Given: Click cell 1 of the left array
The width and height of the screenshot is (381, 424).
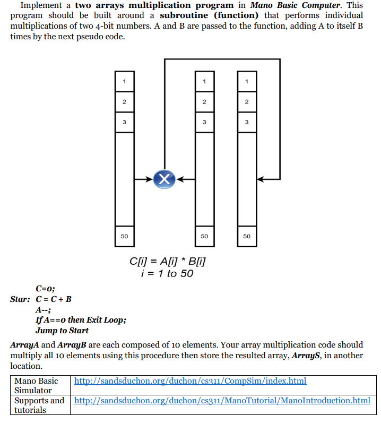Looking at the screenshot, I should (x=124, y=81).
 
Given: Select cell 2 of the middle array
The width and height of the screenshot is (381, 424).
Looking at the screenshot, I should (x=204, y=101).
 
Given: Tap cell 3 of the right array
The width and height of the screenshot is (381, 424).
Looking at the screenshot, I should (x=247, y=122).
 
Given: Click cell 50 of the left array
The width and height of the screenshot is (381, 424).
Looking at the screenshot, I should (x=124, y=236).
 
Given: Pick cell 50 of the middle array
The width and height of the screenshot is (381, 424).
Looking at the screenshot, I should (x=204, y=236).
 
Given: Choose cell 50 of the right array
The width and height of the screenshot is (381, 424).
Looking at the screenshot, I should (x=247, y=236).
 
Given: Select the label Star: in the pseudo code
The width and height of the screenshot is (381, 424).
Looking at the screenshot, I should (x=20, y=299).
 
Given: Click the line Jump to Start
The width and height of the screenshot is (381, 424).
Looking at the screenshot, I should (x=62, y=331).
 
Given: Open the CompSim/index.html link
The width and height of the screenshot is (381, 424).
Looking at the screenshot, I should (x=190, y=381).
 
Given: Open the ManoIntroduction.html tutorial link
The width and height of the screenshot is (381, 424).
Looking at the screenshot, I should (x=222, y=400).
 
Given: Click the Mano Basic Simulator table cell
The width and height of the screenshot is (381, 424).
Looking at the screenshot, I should (x=37, y=386).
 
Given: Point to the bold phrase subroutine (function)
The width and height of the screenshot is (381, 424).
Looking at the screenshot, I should (x=209, y=15).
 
